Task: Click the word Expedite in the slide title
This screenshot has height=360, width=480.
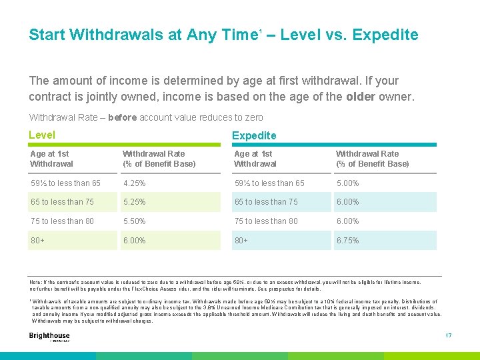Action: (385, 35)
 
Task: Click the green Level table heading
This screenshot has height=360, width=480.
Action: (42, 135)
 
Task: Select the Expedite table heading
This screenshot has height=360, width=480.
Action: (253, 136)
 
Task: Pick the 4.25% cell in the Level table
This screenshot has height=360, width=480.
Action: (134, 183)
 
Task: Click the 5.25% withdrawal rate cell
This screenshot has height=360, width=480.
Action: (134, 202)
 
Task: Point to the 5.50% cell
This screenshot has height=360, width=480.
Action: (134, 221)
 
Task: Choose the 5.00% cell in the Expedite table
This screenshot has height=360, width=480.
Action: (347, 183)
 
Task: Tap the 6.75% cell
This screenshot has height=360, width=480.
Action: (347, 241)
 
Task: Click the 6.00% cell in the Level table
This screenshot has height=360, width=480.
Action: (134, 241)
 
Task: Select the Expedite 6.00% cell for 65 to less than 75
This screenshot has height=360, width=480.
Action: (347, 202)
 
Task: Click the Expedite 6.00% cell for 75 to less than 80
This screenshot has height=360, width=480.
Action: (347, 221)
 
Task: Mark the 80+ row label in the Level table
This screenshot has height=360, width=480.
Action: (38, 241)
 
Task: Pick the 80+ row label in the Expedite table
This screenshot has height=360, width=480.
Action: (241, 241)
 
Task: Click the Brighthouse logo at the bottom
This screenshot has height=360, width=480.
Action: (49, 337)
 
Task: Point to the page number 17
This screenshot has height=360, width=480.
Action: (448, 335)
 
